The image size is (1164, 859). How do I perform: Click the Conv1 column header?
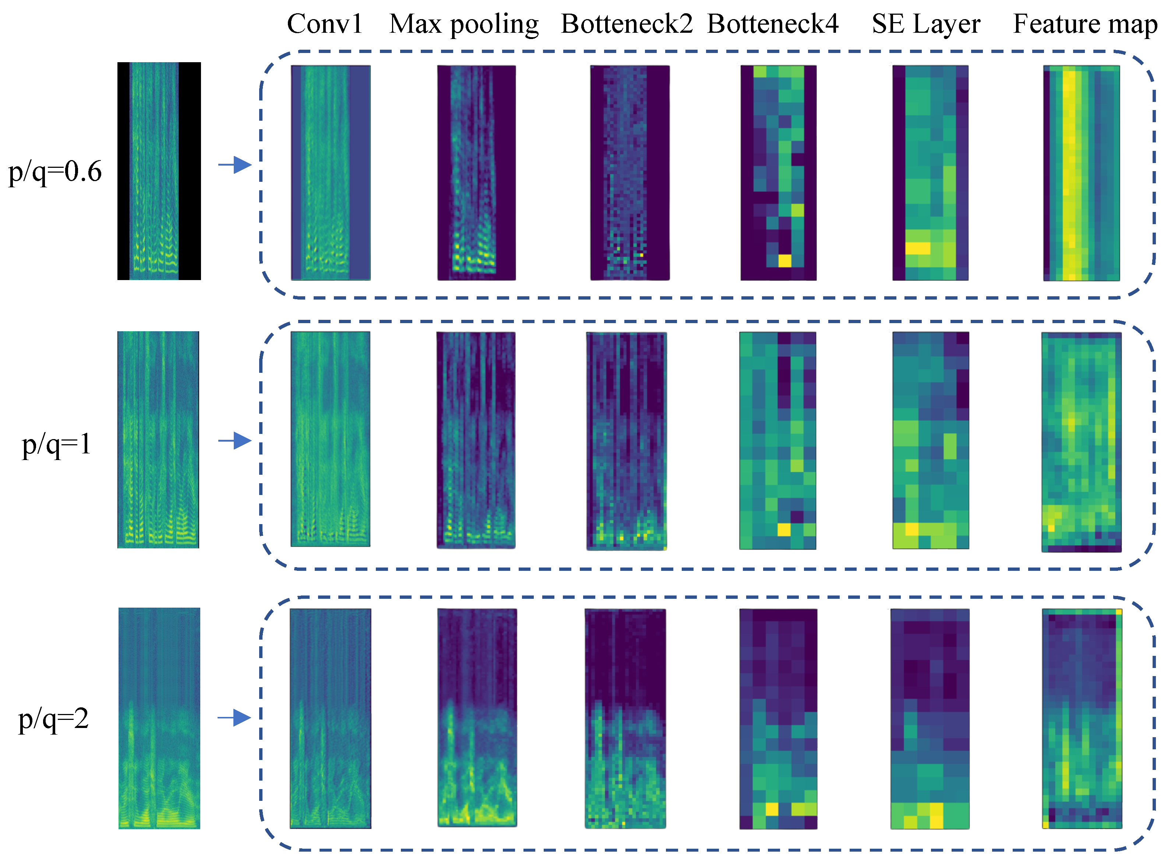point(325,24)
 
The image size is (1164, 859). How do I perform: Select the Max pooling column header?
point(463,24)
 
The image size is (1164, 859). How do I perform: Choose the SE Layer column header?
point(926,24)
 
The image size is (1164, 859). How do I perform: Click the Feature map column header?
point(1085,24)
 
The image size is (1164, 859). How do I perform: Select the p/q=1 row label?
point(56,444)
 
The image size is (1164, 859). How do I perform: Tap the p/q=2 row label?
point(54,719)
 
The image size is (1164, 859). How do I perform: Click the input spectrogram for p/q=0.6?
point(159,171)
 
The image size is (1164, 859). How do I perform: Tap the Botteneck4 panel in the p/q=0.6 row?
point(778,173)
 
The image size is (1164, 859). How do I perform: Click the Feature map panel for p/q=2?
point(1082,719)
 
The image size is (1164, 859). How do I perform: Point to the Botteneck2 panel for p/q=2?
point(625,719)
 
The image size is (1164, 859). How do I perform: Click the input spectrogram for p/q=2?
point(159,718)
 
